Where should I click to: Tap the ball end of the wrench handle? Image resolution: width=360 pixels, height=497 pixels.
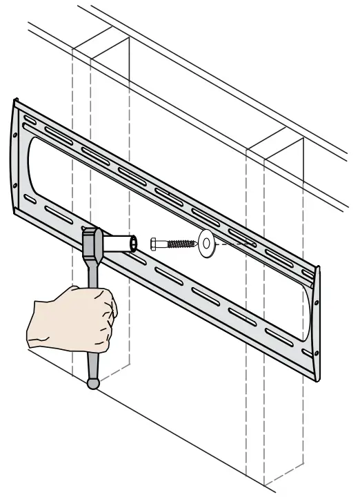point(93,382)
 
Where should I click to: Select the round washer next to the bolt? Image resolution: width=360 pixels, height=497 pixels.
point(206,244)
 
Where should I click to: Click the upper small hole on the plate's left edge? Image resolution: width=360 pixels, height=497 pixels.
point(16,131)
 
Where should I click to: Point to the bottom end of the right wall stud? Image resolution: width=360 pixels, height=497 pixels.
point(283,480)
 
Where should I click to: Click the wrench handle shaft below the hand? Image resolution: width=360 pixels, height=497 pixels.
point(92,359)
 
